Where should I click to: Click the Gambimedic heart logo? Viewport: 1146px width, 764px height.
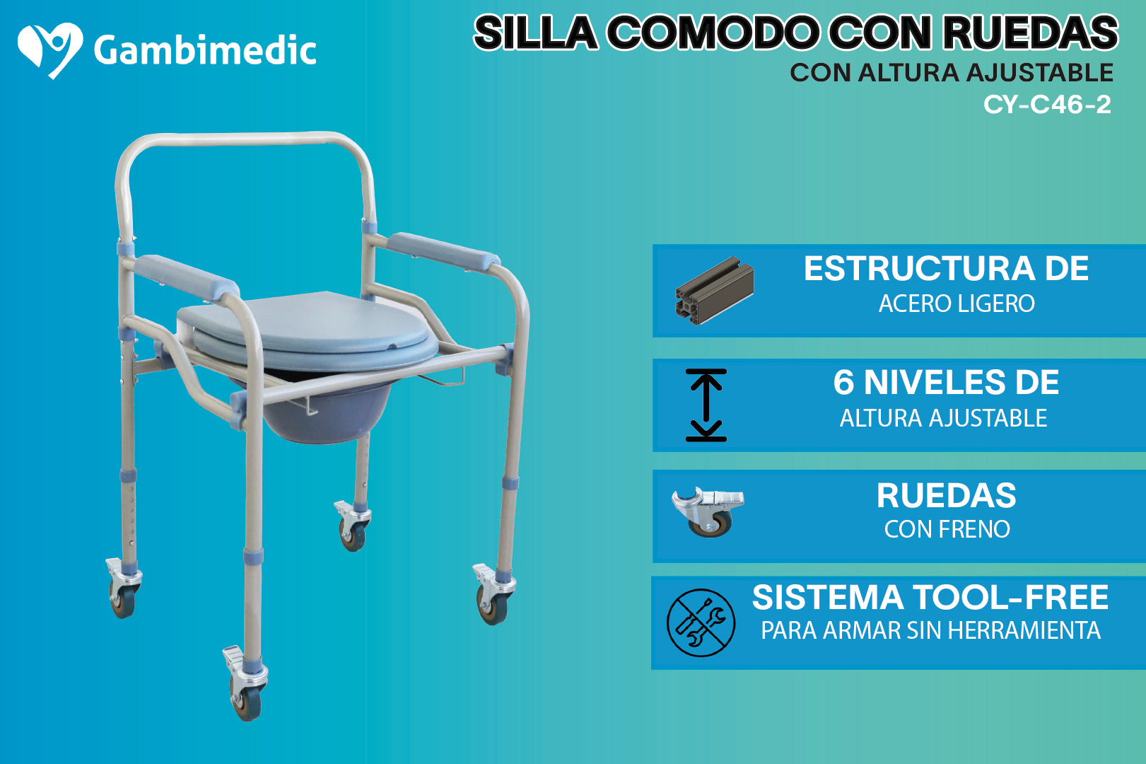pyautogui.click(x=49, y=50)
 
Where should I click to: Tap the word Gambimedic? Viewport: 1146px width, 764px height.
pyautogui.click(x=204, y=51)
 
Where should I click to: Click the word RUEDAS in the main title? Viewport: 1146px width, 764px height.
pyautogui.click(x=1030, y=33)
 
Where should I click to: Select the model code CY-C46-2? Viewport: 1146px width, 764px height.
pyautogui.click(x=1047, y=105)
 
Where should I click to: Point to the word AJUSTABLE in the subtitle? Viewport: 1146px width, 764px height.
pyautogui.click(x=1039, y=73)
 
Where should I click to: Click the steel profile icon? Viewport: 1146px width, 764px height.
pyautogui.click(x=714, y=290)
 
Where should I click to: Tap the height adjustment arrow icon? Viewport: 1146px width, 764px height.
pyautogui.click(x=706, y=405)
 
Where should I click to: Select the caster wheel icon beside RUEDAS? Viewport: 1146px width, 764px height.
pyautogui.click(x=708, y=511)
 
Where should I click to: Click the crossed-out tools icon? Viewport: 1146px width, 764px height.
pyautogui.click(x=701, y=623)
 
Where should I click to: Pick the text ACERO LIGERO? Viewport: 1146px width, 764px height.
pyautogui.click(x=957, y=303)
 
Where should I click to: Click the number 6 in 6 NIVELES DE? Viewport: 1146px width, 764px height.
pyautogui.click(x=843, y=383)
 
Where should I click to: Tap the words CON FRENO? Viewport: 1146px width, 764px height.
pyautogui.click(x=947, y=529)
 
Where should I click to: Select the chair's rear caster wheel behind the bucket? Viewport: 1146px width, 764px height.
pyautogui.click(x=353, y=536)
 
